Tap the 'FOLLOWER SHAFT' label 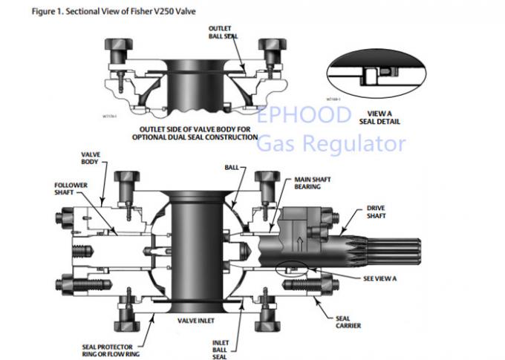coord(71,189)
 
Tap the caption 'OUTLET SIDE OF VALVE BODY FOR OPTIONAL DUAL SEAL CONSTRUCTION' coord(195,133)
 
